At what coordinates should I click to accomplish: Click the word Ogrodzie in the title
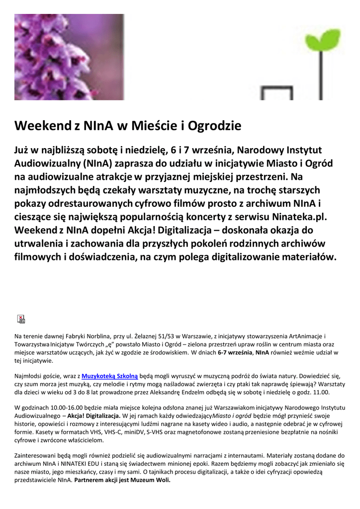(x=215, y=126)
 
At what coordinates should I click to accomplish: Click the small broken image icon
(x=21, y=319)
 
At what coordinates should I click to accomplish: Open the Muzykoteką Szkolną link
(x=109, y=376)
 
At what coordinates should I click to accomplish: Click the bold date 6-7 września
(x=235, y=352)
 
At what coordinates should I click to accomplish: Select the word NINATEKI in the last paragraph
(x=77, y=464)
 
